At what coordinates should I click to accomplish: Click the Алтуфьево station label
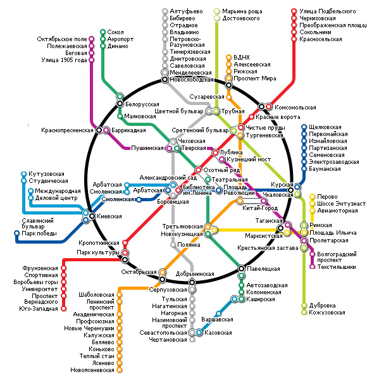(186, 11)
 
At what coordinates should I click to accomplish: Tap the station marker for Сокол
(103, 32)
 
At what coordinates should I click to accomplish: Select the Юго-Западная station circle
(63, 309)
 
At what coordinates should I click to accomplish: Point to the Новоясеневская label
(92, 370)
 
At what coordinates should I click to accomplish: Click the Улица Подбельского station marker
(294, 11)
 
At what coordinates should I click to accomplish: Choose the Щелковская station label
(325, 127)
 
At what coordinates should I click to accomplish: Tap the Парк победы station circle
(16, 233)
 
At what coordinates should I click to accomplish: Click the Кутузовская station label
(46, 174)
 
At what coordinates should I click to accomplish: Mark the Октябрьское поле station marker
(91, 39)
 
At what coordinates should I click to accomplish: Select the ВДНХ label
(242, 58)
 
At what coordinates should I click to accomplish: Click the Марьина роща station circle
(217, 11)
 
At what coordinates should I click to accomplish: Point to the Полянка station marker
(173, 245)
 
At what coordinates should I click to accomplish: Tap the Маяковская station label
(140, 116)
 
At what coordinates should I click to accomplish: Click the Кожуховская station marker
(304, 313)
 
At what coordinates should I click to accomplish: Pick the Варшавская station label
(217, 320)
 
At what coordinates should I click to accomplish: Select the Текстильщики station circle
(313, 267)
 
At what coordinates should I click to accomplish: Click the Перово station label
(327, 197)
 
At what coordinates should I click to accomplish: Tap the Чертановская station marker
(192, 340)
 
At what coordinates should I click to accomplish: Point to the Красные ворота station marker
(252, 117)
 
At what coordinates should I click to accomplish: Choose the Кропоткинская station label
(99, 243)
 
